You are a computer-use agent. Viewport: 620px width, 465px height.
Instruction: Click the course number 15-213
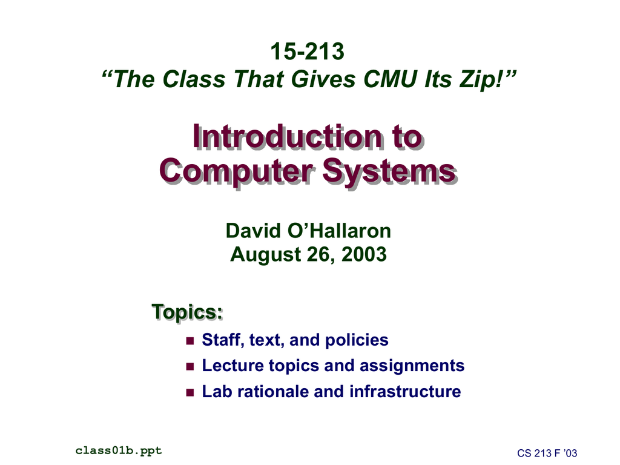tap(307, 51)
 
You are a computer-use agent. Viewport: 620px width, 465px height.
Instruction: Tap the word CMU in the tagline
tap(390, 79)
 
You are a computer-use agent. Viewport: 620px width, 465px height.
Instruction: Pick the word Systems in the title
tap(389, 171)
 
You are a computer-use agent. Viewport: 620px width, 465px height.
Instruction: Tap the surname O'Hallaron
tap(339, 231)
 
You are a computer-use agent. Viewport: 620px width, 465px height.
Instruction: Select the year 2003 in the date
tap(364, 254)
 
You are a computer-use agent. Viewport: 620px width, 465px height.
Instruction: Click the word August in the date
tap(265, 255)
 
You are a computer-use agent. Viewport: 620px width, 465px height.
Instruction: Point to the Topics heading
tap(187, 312)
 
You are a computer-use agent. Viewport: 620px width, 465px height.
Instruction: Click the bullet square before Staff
tap(190, 340)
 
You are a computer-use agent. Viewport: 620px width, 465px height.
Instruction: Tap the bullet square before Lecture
tap(190, 366)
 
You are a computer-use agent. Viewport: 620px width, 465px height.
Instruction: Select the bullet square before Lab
tap(190, 392)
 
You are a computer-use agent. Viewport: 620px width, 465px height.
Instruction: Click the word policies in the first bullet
tap(357, 340)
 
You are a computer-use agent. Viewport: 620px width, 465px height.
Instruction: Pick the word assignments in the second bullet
tap(412, 366)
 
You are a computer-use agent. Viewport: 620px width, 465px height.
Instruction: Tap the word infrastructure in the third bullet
tap(405, 392)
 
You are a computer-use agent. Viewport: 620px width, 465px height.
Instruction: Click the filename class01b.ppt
tap(119, 450)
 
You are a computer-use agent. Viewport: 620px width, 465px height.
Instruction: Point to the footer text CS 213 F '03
tap(547, 453)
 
